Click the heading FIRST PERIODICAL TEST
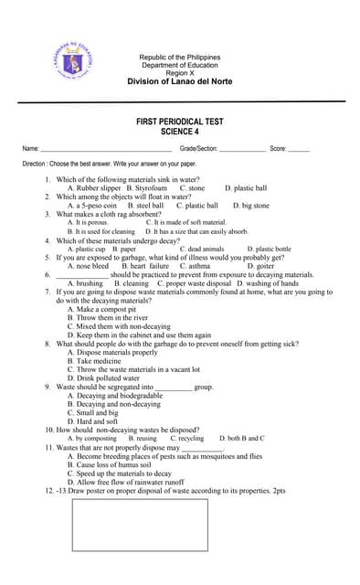(x=179, y=122)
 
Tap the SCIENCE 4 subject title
(x=179, y=132)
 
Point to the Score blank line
(x=298, y=149)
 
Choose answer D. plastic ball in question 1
(x=246, y=188)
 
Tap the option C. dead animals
(x=201, y=249)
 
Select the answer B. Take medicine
(x=100, y=361)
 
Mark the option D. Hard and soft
(x=101, y=421)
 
